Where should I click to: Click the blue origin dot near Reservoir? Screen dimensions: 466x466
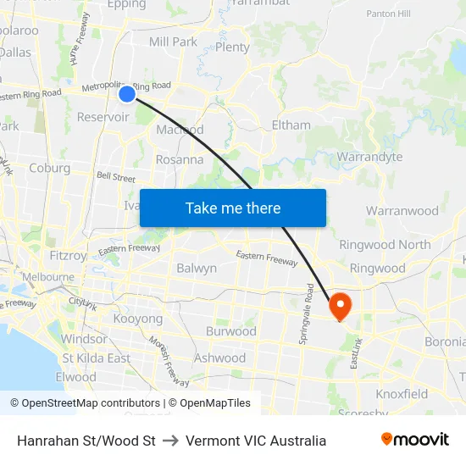[x=126, y=94]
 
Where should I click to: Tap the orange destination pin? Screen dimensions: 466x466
[x=340, y=306]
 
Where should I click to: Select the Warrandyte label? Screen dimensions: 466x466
[x=369, y=157]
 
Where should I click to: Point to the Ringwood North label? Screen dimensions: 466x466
[x=385, y=244]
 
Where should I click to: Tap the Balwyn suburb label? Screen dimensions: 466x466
[x=197, y=268]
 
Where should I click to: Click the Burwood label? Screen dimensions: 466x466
[x=230, y=331]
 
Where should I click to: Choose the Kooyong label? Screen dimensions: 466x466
[x=137, y=319]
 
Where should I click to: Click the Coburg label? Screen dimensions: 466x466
[x=50, y=168]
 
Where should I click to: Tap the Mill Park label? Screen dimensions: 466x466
[x=173, y=42]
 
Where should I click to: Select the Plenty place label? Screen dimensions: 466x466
[x=232, y=47]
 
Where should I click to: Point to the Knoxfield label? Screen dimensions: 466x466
[x=402, y=394]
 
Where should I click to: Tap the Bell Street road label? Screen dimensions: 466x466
[x=116, y=178]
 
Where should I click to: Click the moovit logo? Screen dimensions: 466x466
[x=414, y=440]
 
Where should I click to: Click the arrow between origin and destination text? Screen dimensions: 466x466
[x=170, y=441]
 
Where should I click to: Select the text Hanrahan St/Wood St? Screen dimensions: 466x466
[x=86, y=441]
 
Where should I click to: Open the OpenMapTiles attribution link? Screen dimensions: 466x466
[x=209, y=403]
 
